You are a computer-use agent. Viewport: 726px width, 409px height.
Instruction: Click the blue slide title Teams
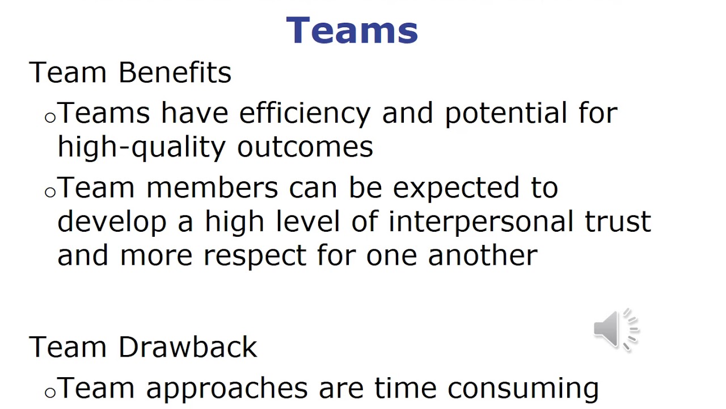(x=352, y=30)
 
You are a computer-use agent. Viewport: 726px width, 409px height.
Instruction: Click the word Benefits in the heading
(x=175, y=73)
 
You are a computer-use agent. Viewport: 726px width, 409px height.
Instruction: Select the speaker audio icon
(x=615, y=329)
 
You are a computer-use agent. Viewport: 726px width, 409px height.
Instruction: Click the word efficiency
(x=305, y=114)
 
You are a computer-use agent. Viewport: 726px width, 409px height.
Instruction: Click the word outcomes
(x=305, y=147)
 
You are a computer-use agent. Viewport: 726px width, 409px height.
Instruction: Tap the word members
(x=212, y=187)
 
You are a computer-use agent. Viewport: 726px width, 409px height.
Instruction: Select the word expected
(x=455, y=189)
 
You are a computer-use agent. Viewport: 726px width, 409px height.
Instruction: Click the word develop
(x=112, y=222)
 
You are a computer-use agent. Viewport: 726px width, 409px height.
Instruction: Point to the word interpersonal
(x=481, y=222)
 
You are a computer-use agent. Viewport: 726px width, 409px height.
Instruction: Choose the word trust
(x=618, y=222)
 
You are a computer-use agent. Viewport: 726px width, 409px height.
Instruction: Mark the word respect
(x=255, y=256)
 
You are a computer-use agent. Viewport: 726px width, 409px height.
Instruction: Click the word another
(x=482, y=255)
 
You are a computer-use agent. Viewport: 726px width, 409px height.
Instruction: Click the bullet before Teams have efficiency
(x=50, y=118)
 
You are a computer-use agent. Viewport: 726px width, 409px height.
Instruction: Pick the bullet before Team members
(x=50, y=192)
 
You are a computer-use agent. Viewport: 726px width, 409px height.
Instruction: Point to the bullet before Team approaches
(x=50, y=392)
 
